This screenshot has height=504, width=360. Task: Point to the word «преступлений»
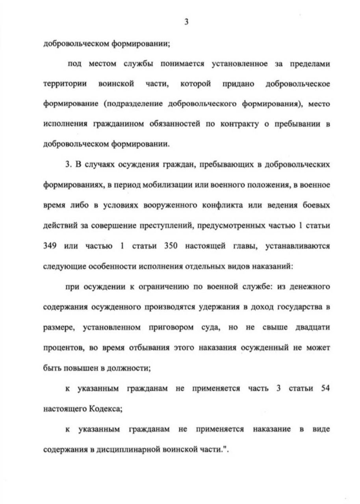pos(156,226)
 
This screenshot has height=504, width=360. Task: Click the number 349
pos(51,246)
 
